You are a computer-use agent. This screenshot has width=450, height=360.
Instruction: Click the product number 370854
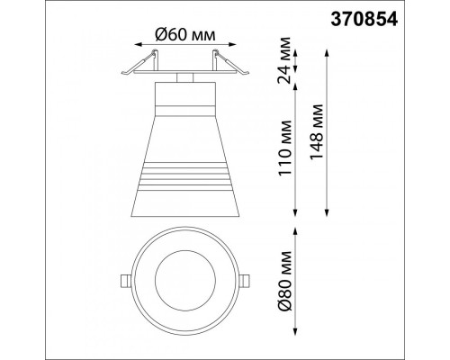click(364, 20)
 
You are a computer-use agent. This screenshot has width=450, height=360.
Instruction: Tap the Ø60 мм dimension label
click(185, 35)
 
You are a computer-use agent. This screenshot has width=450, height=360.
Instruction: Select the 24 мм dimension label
click(284, 60)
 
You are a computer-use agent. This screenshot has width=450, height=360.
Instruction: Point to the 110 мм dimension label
click(284, 148)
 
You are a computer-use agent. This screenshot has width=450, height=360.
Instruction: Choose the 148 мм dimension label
click(317, 132)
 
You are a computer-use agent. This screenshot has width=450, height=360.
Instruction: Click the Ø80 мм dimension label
click(284, 281)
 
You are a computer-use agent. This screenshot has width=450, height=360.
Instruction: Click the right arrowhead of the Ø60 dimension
click(232, 45)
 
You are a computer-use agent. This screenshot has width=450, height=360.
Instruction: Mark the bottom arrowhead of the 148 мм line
click(327, 211)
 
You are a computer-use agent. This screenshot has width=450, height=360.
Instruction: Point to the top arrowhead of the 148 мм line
click(327, 54)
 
